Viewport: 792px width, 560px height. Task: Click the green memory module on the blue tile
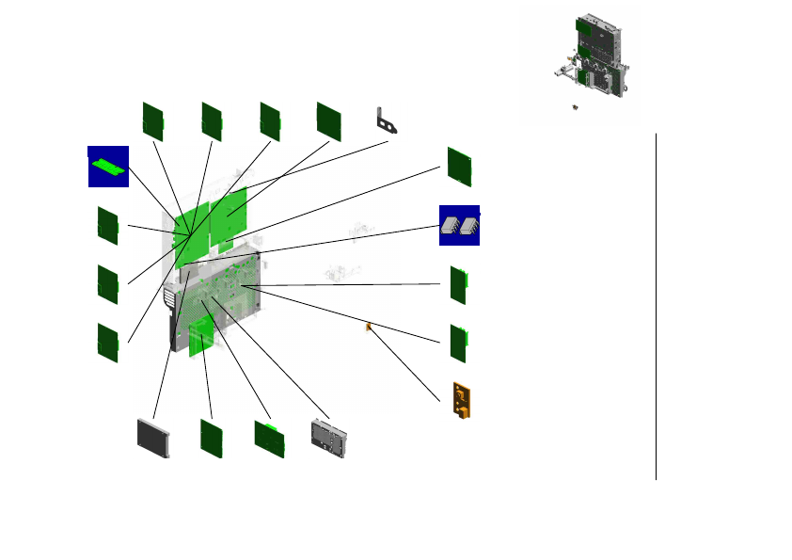108,166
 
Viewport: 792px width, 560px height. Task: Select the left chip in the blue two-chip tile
451,226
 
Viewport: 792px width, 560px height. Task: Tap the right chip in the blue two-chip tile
469,226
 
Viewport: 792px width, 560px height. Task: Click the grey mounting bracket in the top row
387,121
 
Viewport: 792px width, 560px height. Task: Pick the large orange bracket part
464,401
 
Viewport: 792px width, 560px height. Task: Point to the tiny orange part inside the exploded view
368,328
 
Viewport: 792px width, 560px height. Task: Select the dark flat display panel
153,438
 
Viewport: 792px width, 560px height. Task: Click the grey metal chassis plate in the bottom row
329,439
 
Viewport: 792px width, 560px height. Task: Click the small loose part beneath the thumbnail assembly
575,108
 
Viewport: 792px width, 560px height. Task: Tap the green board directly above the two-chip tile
460,166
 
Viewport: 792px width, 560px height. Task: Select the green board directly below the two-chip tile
459,285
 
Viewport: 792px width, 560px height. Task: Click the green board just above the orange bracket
459,344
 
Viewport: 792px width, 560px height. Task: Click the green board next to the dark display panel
211,439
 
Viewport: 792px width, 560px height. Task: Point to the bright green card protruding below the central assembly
200,339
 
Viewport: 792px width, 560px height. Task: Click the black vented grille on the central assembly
169,299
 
